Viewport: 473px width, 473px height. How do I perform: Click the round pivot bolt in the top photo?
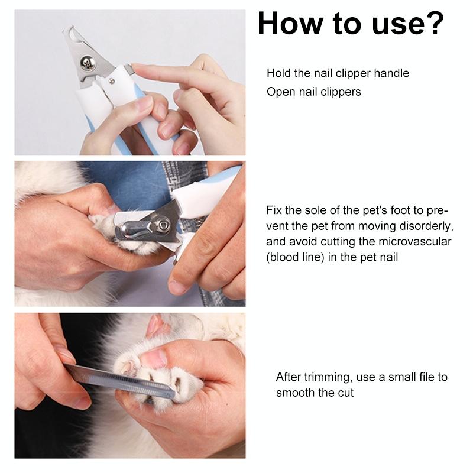tap(86, 62)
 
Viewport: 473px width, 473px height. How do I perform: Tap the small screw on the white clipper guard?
tap(112, 81)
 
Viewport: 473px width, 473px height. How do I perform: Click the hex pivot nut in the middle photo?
tap(164, 225)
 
